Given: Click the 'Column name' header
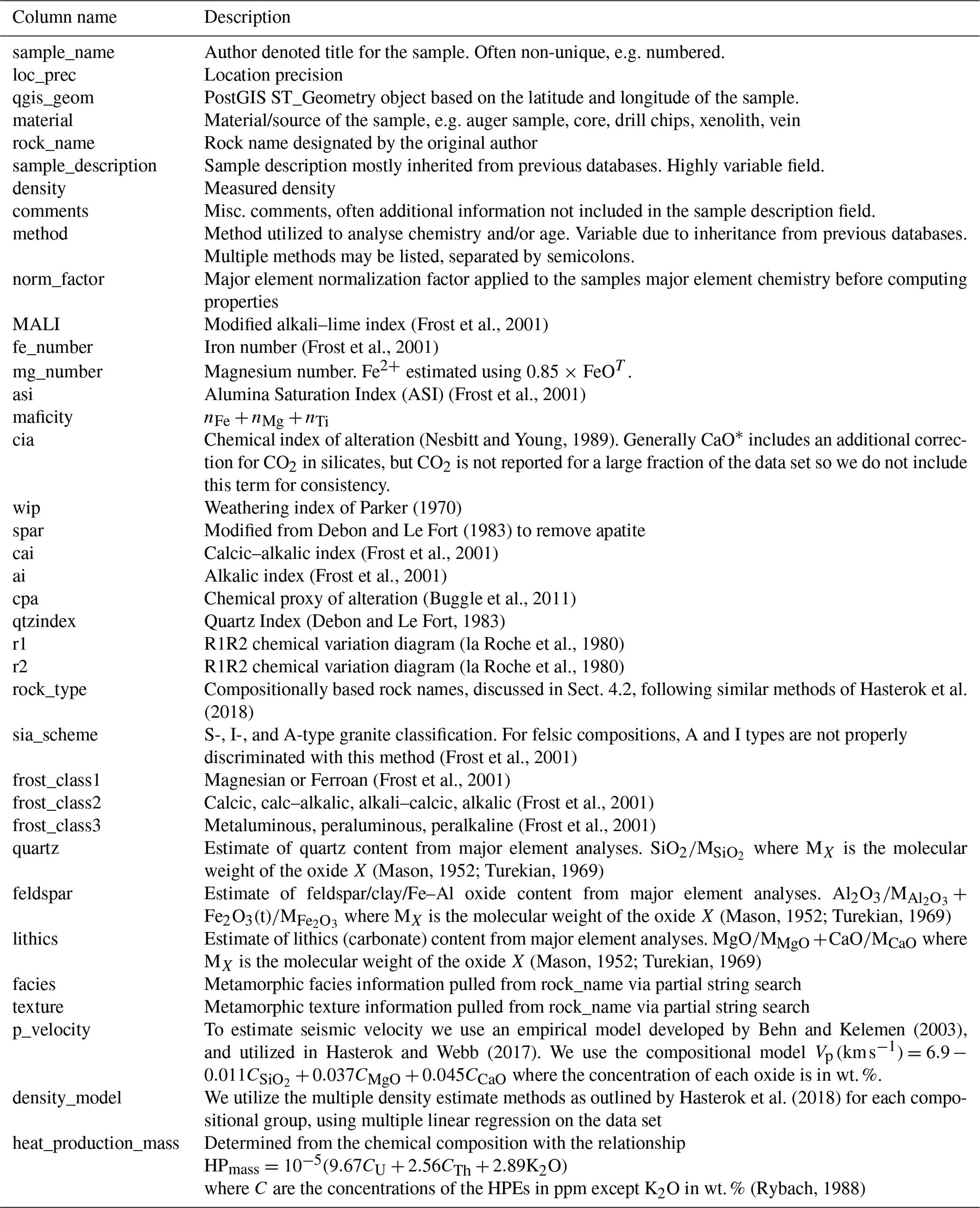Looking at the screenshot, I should tap(64, 17).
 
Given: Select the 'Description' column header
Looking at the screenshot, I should tap(247, 17).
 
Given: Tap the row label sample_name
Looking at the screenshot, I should tap(63, 53).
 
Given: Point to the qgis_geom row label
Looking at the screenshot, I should tap(53, 98).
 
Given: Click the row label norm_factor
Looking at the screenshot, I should tap(58, 279).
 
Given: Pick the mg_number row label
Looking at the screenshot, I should tap(57, 371).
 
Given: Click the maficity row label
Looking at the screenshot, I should tap(42, 417).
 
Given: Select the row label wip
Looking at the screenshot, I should tap(26, 507).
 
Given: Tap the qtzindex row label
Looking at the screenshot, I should tap(44, 621).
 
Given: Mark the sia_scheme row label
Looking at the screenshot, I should tap(55, 734).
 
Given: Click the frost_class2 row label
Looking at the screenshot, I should tap(56, 802).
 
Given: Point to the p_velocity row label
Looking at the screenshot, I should tap(51, 1029).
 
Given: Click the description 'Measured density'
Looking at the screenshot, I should tap(269, 188).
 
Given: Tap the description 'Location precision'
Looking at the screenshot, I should tap(273, 75).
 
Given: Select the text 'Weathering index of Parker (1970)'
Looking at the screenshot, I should tap(332, 507).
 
